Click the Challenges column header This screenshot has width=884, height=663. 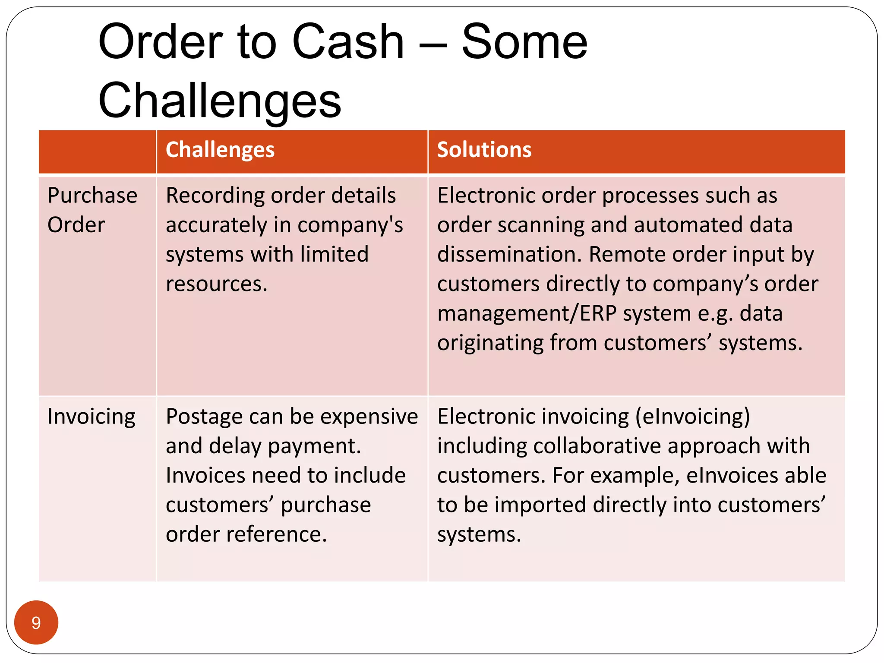coord(220,150)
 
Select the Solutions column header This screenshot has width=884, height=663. coord(484,150)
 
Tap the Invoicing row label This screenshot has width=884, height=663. coord(92,417)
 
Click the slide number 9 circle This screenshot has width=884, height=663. coord(36,622)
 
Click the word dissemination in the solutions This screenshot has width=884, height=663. coord(509,254)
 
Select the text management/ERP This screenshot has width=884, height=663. coord(527,314)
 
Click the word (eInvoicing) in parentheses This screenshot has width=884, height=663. coord(692,417)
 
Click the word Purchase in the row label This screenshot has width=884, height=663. coord(92,196)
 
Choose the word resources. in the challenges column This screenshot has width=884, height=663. coord(217,284)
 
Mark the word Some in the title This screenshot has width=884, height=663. coord(524,42)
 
